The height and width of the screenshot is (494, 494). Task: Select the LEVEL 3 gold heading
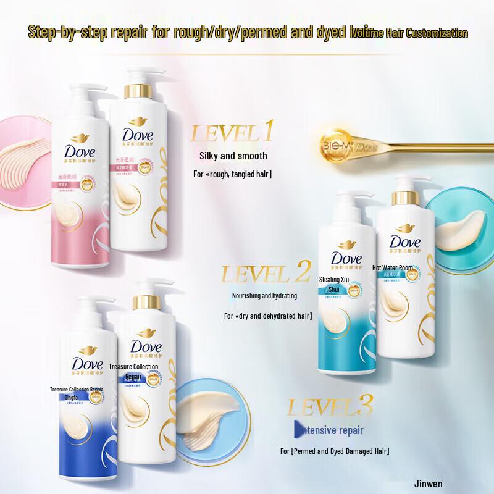(330, 408)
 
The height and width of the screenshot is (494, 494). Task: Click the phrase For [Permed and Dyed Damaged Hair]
(335, 451)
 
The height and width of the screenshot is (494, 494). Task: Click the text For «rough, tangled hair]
(233, 175)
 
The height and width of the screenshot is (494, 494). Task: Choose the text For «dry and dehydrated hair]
(267, 316)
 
